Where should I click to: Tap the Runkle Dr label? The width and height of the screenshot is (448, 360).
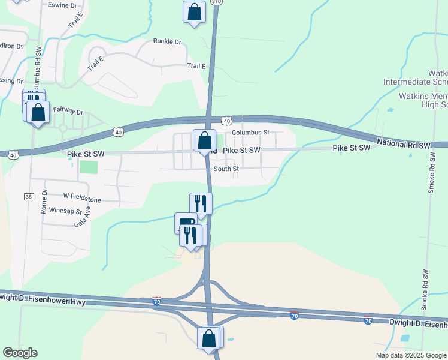[x=167, y=42]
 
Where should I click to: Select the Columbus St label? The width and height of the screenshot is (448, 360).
[x=251, y=132]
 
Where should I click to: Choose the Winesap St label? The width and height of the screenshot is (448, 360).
[x=65, y=211]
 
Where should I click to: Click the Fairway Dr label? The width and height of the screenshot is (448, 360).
[x=68, y=111]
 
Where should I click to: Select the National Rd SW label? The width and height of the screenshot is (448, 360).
[x=404, y=145]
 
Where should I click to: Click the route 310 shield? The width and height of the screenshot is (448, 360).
[x=216, y=2]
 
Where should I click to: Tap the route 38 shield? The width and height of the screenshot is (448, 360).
[x=28, y=196]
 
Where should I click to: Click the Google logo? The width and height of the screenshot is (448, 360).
[x=20, y=353]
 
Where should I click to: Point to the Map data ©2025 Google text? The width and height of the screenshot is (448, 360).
[x=410, y=355]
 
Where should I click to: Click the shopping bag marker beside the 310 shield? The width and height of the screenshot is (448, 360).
[x=194, y=13]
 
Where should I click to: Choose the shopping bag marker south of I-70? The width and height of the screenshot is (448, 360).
[x=209, y=338]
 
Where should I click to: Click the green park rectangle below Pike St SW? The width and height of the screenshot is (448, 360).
[x=88, y=166]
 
